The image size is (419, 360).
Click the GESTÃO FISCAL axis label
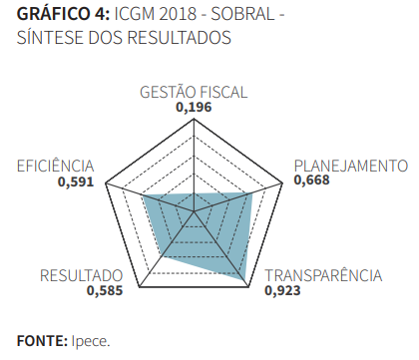pyautogui.click(x=194, y=93)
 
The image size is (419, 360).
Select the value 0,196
pyautogui.click(x=194, y=108)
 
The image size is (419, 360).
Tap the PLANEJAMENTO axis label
pyautogui.click(x=350, y=166)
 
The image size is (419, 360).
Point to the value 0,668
pyautogui.click(x=311, y=180)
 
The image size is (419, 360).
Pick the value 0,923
pyautogui.click(x=283, y=291)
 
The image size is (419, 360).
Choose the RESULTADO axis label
pyautogui.click(x=81, y=275)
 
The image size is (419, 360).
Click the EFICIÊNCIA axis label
pyautogui.click(x=55, y=166)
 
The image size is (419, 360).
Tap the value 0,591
pyautogui.click(x=76, y=181)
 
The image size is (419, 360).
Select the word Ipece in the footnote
pyautogui.click(x=90, y=340)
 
